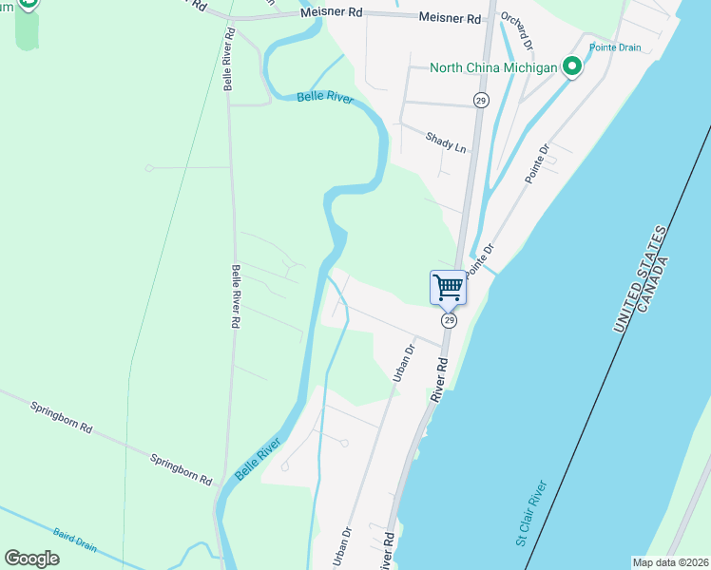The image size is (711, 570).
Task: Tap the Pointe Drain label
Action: [x=615, y=47]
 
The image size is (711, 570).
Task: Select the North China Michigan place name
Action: [x=493, y=67]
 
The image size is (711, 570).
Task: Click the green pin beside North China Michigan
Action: [x=572, y=66]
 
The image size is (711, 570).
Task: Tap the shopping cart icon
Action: [x=448, y=286]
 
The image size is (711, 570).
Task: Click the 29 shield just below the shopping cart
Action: [x=449, y=321]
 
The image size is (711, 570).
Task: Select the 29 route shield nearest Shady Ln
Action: [x=481, y=100]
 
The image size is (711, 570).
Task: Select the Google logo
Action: [x=32, y=559]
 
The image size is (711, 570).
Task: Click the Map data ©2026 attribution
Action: [x=671, y=562]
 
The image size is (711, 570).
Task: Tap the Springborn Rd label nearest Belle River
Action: [x=180, y=469]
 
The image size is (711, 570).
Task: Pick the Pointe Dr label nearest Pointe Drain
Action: [x=537, y=163]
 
